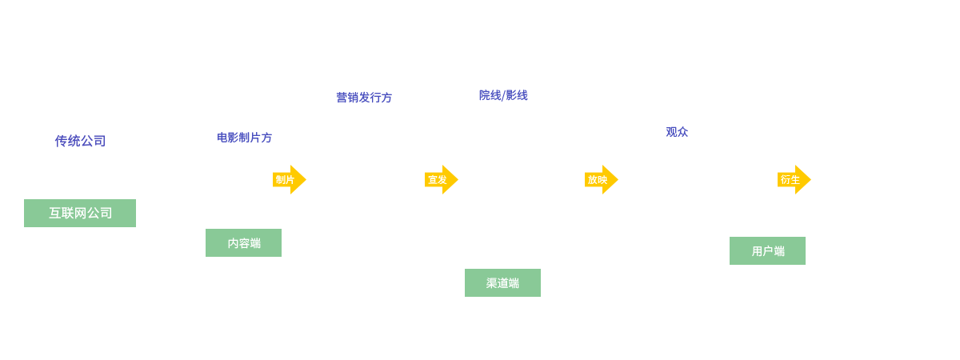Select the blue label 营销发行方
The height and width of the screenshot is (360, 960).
364,98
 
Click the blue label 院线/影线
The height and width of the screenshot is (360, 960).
503,95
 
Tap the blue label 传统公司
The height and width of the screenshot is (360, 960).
80,141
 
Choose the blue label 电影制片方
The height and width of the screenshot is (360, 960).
244,138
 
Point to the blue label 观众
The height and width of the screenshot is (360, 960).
677,132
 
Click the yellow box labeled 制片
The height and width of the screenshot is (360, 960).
289,179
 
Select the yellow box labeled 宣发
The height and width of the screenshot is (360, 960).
441,179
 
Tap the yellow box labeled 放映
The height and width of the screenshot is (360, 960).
601,179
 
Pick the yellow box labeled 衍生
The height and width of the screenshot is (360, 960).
794,179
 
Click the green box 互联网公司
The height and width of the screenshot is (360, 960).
80,213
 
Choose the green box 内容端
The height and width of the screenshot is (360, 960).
243,243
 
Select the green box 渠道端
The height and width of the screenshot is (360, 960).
502,282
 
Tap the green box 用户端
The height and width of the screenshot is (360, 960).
766,250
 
